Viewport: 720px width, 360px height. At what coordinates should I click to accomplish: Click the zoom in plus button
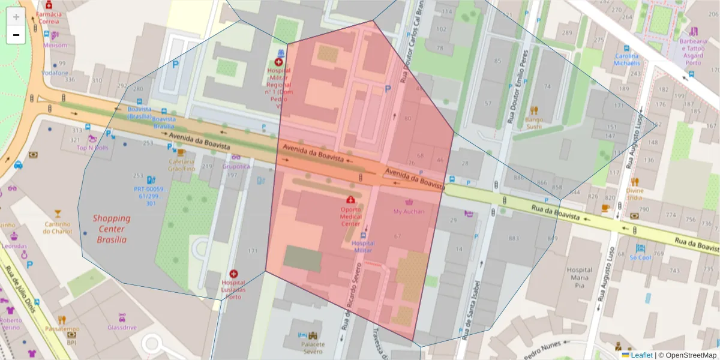(x=16, y=17)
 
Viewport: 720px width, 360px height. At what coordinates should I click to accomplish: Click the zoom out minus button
(x=16, y=35)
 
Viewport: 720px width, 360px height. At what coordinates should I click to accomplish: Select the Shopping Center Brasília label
(x=112, y=229)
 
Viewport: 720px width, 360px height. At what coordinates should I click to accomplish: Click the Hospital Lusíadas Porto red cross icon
(x=233, y=274)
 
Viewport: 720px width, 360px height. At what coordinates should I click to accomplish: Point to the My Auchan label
(x=409, y=211)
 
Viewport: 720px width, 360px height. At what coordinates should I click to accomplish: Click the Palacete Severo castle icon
(x=312, y=336)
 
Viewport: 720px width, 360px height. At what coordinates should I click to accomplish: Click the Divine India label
(x=634, y=194)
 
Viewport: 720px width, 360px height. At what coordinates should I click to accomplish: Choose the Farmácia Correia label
(x=49, y=17)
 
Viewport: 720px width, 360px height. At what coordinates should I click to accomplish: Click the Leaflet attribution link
(x=641, y=355)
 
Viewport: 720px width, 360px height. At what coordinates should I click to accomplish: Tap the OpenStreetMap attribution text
(x=688, y=355)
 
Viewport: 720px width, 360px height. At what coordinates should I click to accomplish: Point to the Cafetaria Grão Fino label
(x=181, y=165)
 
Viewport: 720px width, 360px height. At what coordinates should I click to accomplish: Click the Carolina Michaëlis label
(x=627, y=59)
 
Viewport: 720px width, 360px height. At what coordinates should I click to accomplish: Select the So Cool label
(x=640, y=257)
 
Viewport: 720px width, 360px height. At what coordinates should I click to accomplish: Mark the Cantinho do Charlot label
(x=57, y=227)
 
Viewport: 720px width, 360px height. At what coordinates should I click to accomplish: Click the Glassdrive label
(x=122, y=328)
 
